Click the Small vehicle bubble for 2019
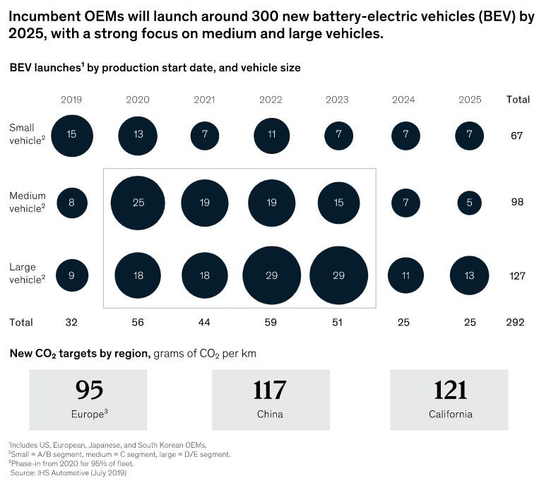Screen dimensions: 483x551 point(72,134)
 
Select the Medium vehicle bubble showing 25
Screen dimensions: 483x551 point(138,203)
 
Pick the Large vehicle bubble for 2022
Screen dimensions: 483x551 point(271,275)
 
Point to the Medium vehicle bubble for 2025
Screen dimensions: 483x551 point(470,203)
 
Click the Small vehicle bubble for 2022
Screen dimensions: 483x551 point(271,134)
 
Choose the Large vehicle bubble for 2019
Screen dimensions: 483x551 point(72,275)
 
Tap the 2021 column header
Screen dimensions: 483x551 point(205,100)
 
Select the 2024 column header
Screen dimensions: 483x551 point(404,100)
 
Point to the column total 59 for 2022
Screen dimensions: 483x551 point(271,323)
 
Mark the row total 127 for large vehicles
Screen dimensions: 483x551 point(516,275)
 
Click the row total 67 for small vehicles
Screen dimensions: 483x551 point(516,134)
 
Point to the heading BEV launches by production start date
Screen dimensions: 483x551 point(155,68)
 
